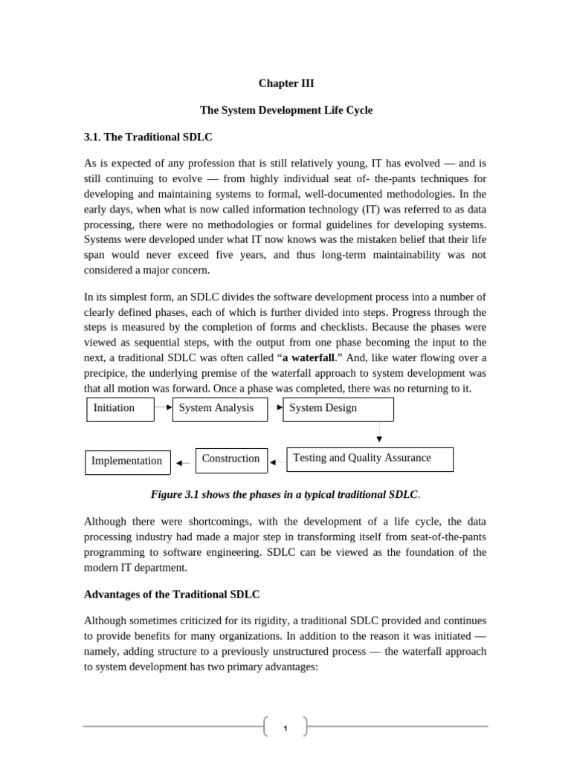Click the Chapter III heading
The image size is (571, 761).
pyautogui.click(x=285, y=83)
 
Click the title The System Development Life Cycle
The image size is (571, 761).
pyautogui.click(x=285, y=110)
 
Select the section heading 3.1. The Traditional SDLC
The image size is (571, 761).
pyautogui.click(x=148, y=137)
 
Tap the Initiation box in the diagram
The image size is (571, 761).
pyautogui.click(x=120, y=409)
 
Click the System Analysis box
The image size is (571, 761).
pyautogui.click(x=219, y=409)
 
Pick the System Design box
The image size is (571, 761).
pyautogui.click(x=338, y=409)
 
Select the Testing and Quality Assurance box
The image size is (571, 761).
pyautogui.click(x=370, y=459)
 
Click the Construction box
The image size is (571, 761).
pyautogui.click(x=230, y=459)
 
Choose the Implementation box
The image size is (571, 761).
pyautogui.click(x=127, y=462)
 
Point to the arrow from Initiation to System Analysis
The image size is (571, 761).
pyautogui.click(x=164, y=407)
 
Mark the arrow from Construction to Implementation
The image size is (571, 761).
pyautogui.click(x=183, y=463)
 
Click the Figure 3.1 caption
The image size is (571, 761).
pyautogui.click(x=285, y=494)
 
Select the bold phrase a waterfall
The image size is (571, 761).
pyautogui.click(x=309, y=357)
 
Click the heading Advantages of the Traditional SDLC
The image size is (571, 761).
pyautogui.click(x=172, y=595)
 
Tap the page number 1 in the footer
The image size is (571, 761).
pyautogui.click(x=285, y=728)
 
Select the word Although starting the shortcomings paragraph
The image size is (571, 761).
pyautogui.click(x=106, y=521)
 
